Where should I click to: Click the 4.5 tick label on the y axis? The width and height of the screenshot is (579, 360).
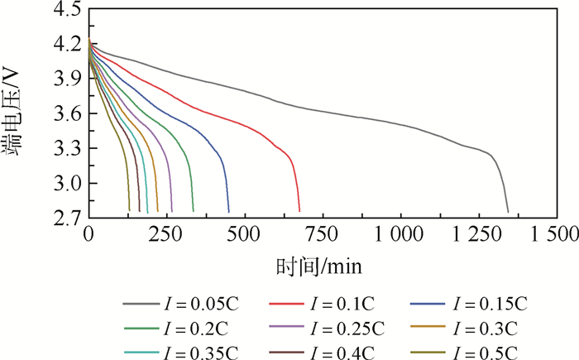pyautogui.click(x=66, y=10)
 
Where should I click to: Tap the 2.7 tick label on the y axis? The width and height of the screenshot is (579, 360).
pyautogui.click(x=66, y=218)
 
